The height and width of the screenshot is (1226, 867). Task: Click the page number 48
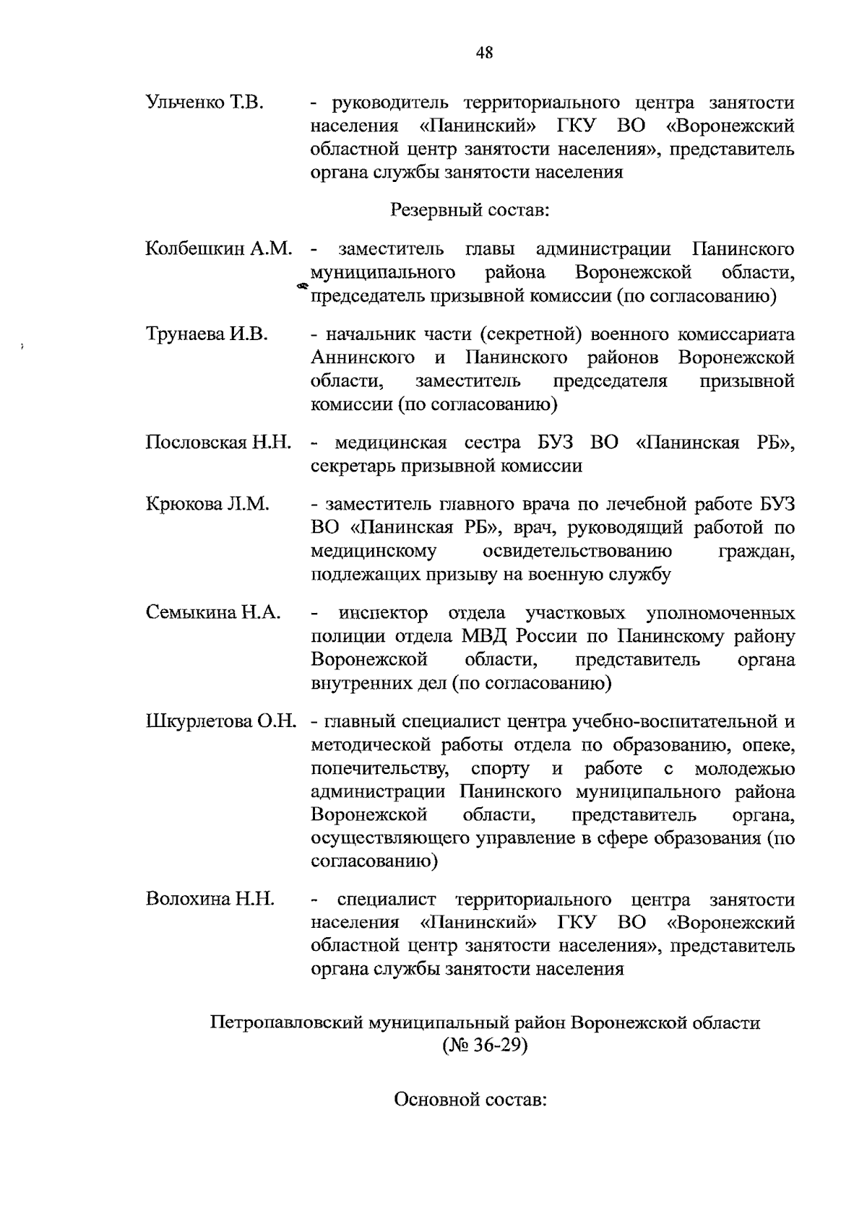click(484, 53)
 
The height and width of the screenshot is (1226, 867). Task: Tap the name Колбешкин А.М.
click(219, 250)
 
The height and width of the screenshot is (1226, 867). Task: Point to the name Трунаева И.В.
click(207, 334)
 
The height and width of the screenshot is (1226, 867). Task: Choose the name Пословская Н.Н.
click(218, 442)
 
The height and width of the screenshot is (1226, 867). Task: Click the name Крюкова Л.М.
click(207, 504)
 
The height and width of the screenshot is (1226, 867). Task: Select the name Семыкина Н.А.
click(213, 613)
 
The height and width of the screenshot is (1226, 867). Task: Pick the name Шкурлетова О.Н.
click(221, 721)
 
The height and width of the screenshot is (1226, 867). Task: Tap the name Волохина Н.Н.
click(210, 900)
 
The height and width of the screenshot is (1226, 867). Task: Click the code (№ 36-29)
click(485, 1045)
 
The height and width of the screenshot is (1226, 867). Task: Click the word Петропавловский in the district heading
click(287, 1023)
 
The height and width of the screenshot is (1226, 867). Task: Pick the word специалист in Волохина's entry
click(387, 900)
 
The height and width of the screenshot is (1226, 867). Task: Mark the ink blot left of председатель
click(302, 287)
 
